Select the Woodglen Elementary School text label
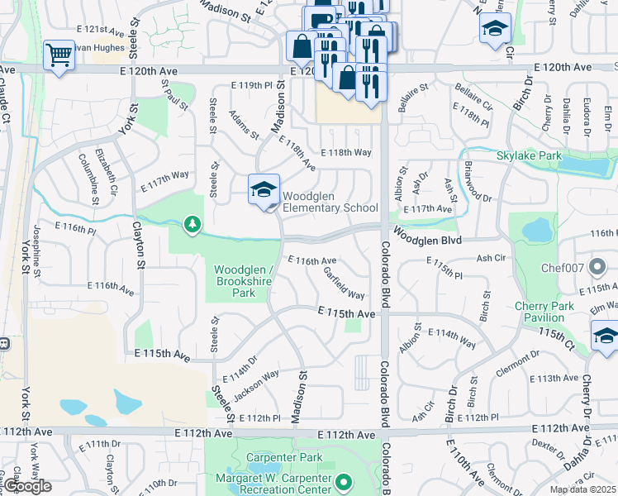[x=330, y=203]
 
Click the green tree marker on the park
[x=193, y=225]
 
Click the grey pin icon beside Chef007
[x=599, y=267]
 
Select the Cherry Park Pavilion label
[x=544, y=312]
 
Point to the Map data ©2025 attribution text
[x=582, y=489]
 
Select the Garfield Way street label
[x=344, y=283]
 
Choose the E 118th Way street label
[x=348, y=153]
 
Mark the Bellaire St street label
[x=413, y=99]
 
